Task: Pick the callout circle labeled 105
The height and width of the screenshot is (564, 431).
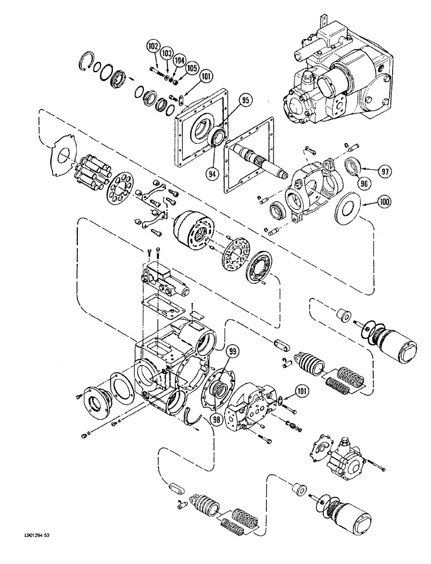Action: pyautogui.click(x=192, y=68)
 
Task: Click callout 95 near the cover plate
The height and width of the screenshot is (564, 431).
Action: pyautogui.click(x=228, y=102)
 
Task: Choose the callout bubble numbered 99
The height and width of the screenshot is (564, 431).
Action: pyautogui.click(x=231, y=352)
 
